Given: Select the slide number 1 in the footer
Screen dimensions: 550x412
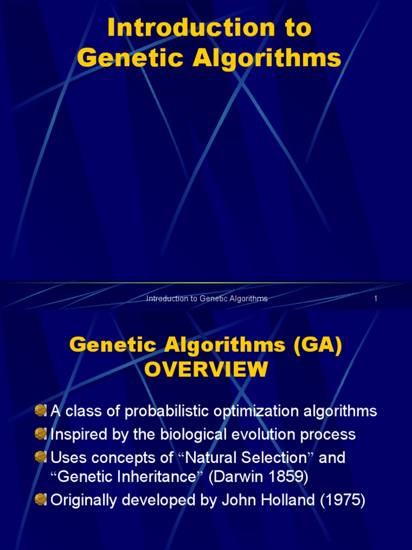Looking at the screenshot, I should click(376, 299).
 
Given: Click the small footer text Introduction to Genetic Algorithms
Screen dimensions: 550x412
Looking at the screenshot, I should click(207, 299).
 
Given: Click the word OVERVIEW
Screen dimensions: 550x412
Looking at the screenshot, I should click(206, 370).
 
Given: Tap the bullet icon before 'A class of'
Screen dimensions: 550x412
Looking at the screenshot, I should click(40, 411).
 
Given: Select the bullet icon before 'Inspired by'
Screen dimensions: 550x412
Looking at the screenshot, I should click(40, 434).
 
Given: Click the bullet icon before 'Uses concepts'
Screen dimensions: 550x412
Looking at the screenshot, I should click(40, 457).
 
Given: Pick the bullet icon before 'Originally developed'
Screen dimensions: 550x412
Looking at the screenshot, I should click(40, 501).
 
